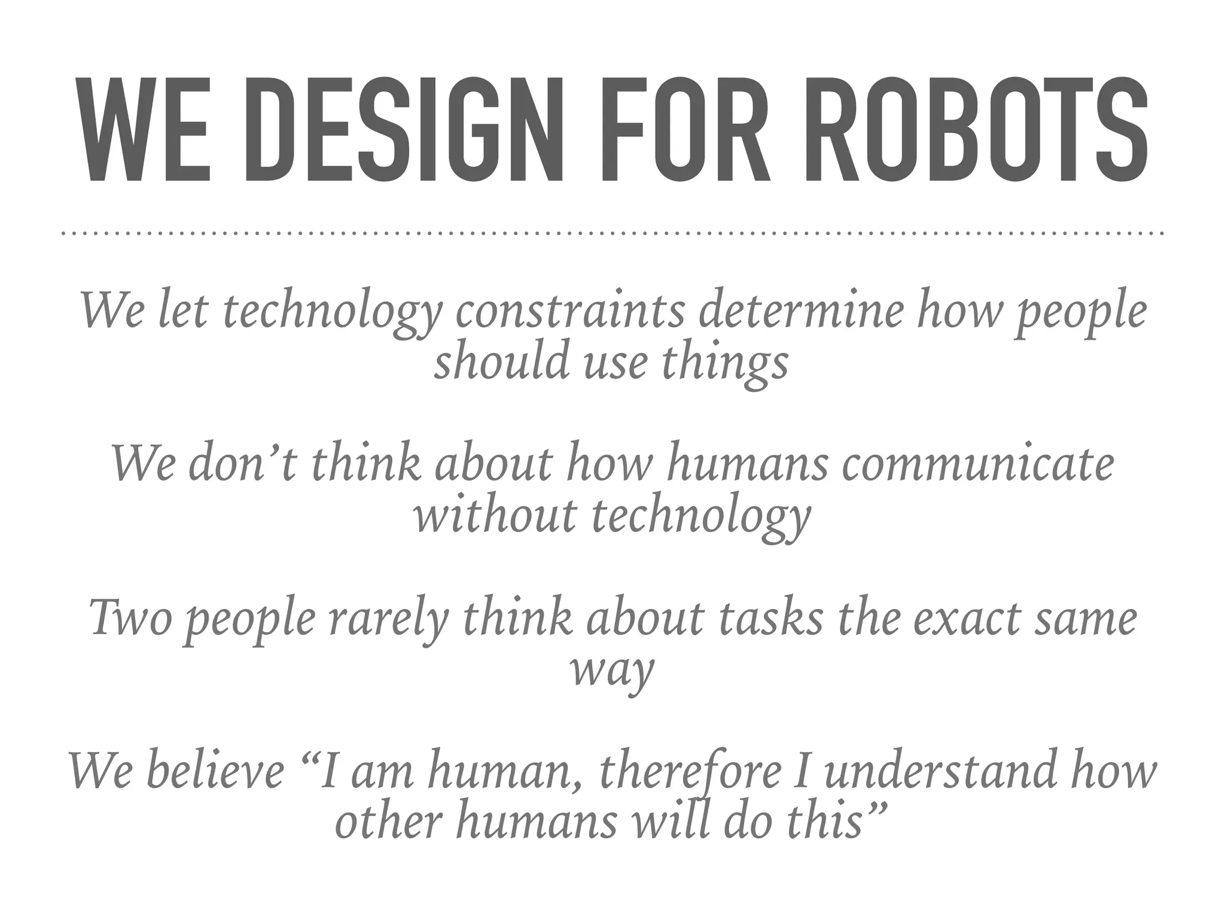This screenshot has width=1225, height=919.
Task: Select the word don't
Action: (242, 464)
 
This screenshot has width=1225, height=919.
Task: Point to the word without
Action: (494, 515)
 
